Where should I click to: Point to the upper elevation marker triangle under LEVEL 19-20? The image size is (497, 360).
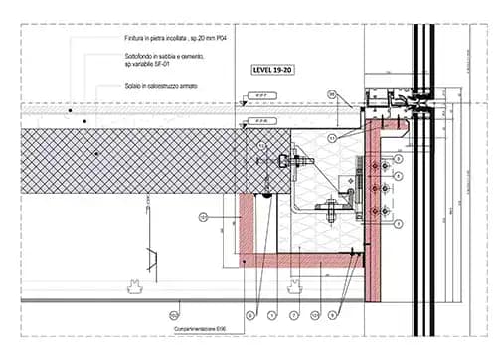pyautogui.click(x=244, y=101)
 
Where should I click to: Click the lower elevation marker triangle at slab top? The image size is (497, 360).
pyautogui.click(x=244, y=124)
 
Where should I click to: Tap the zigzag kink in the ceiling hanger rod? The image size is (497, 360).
pyautogui.click(x=152, y=260)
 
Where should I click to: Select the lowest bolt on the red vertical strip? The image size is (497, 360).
pyautogui.click(x=376, y=211)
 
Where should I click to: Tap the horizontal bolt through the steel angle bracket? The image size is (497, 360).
pyautogui.click(x=328, y=208)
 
